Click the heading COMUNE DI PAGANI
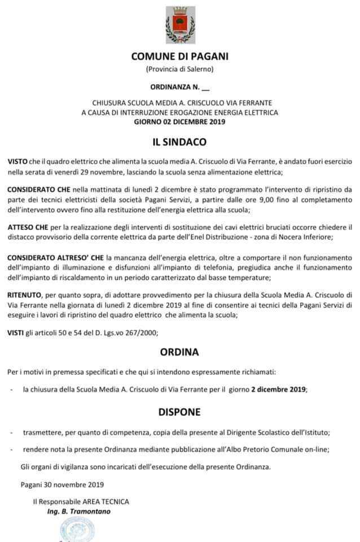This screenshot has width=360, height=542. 180,56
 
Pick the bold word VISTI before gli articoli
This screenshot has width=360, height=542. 16,333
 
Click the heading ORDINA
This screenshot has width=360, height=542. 179,352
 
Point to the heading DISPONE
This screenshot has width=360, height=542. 179,412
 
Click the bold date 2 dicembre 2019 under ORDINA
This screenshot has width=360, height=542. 278,390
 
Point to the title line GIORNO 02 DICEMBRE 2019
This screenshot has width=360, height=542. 179,121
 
